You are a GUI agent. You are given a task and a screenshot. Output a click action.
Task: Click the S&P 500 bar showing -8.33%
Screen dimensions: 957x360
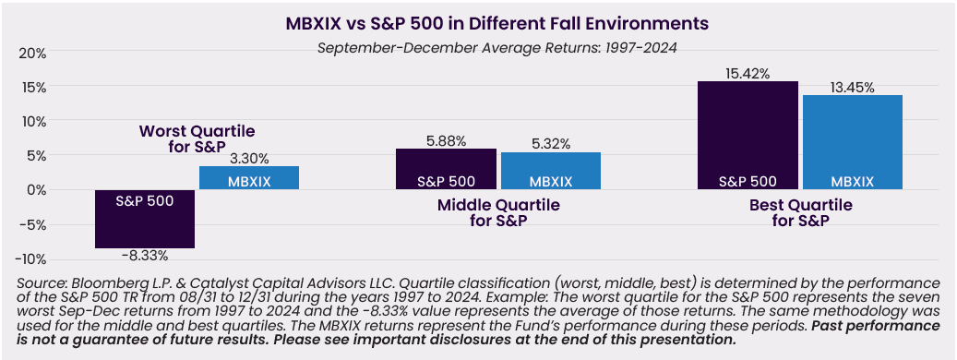tap(145, 219)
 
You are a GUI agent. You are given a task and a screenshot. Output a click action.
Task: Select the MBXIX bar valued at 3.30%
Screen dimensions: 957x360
tap(249, 177)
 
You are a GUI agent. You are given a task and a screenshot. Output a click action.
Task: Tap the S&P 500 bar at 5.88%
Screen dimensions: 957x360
tap(446, 169)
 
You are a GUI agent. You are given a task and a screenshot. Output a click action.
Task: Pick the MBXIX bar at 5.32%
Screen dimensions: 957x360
tap(551, 171)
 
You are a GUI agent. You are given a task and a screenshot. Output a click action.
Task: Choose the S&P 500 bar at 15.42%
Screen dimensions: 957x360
tap(748, 136)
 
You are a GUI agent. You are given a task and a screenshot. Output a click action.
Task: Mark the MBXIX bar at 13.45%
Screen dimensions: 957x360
tap(853, 142)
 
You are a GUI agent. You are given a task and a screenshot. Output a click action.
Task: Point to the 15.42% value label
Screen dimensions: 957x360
tap(748, 73)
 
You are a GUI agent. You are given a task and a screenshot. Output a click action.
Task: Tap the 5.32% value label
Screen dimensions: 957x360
tap(551, 144)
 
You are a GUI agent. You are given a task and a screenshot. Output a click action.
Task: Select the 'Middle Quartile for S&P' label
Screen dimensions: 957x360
tap(498, 212)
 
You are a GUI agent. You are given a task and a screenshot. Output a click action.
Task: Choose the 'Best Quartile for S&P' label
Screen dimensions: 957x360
tap(799, 212)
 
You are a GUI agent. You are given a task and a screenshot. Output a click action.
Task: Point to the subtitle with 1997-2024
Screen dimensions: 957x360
tap(497, 48)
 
